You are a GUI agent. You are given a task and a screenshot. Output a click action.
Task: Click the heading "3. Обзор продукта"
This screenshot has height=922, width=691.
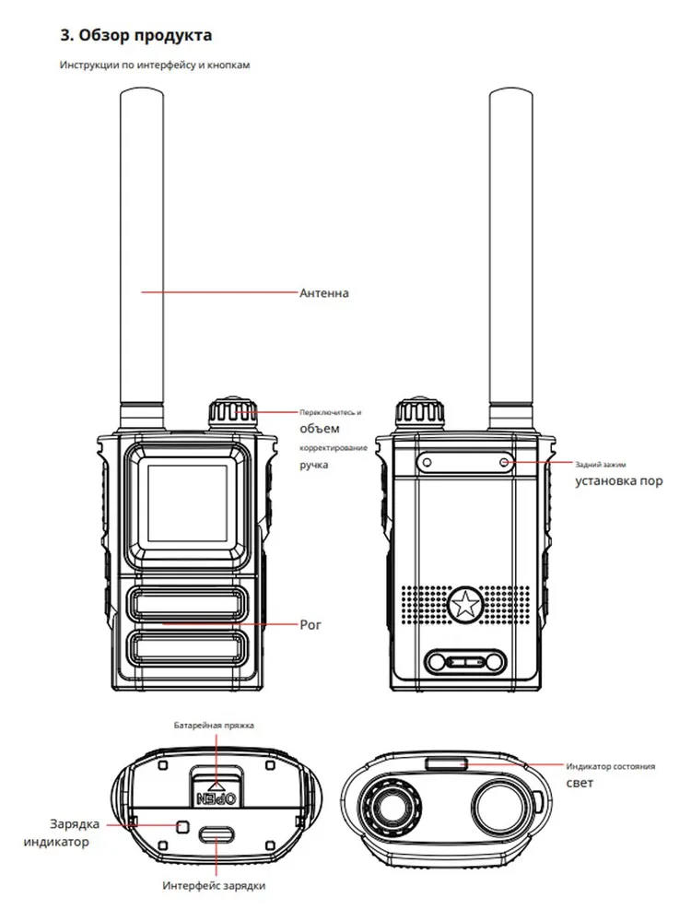pos(135,35)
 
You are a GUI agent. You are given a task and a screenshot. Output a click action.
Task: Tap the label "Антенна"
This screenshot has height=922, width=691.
pos(323,293)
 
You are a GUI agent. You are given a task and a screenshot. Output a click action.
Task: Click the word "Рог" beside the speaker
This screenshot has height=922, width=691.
pos(310,625)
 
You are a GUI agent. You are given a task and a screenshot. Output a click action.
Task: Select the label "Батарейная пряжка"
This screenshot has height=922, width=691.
pos(214,726)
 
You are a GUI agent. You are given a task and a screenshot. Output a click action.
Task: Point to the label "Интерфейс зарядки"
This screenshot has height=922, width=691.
pos(214,885)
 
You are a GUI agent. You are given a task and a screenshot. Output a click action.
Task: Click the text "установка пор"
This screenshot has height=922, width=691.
pos(619,481)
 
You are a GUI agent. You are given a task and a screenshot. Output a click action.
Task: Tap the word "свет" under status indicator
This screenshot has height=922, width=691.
pos(580,783)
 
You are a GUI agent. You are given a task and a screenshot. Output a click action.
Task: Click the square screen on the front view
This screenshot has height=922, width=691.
pos(187,503)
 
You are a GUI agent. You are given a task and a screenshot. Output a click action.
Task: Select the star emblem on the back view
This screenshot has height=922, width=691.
pos(465,603)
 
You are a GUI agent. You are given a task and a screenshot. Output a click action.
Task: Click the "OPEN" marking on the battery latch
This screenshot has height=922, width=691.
pos(217,798)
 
